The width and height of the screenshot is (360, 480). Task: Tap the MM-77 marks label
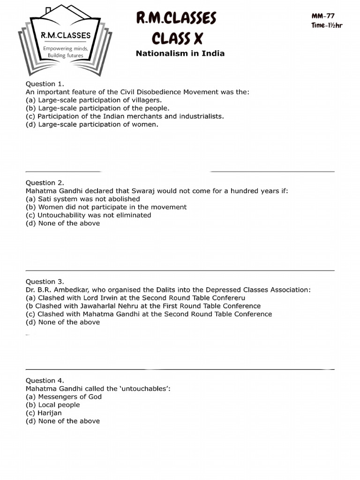pyautogui.click(x=323, y=16)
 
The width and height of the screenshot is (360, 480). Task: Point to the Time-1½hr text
pyautogui.click(x=327, y=25)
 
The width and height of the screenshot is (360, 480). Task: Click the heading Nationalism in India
pyautogui.click(x=180, y=53)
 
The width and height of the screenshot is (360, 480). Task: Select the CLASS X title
pyautogui.click(x=176, y=37)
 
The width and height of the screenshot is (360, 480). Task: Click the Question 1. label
pyautogui.click(x=45, y=84)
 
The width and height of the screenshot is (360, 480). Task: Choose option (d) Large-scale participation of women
pyautogui.click(x=92, y=124)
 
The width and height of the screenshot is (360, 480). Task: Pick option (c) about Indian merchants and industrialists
pyautogui.click(x=125, y=116)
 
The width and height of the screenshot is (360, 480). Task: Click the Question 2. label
pyautogui.click(x=45, y=183)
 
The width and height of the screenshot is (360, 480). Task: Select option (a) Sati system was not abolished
pyautogui.click(x=82, y=199)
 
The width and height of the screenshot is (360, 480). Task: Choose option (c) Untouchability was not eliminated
pyautogui.click(x=88, y=215)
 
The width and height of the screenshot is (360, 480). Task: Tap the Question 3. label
pyautogui.click(x=45, y=282)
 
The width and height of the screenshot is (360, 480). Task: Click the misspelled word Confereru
pyautogui.click(x=227, y=298)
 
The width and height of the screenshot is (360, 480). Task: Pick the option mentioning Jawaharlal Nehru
pyautogui.click(x=143, y=306)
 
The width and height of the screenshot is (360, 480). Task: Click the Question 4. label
pyautogui.click(x=45, y=381)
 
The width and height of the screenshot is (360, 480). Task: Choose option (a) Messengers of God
pyautogui.click(x=63, y=397)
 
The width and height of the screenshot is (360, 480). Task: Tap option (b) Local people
pyautogui.click(x=52, y=405)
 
